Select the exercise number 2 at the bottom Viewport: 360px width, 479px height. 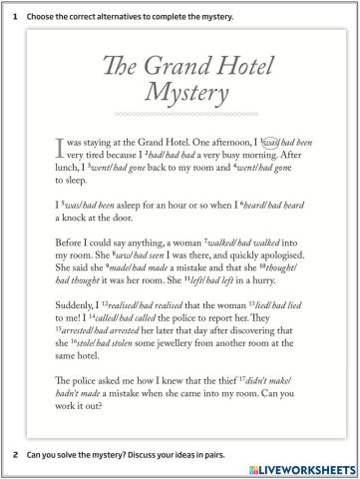point(14,454)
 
